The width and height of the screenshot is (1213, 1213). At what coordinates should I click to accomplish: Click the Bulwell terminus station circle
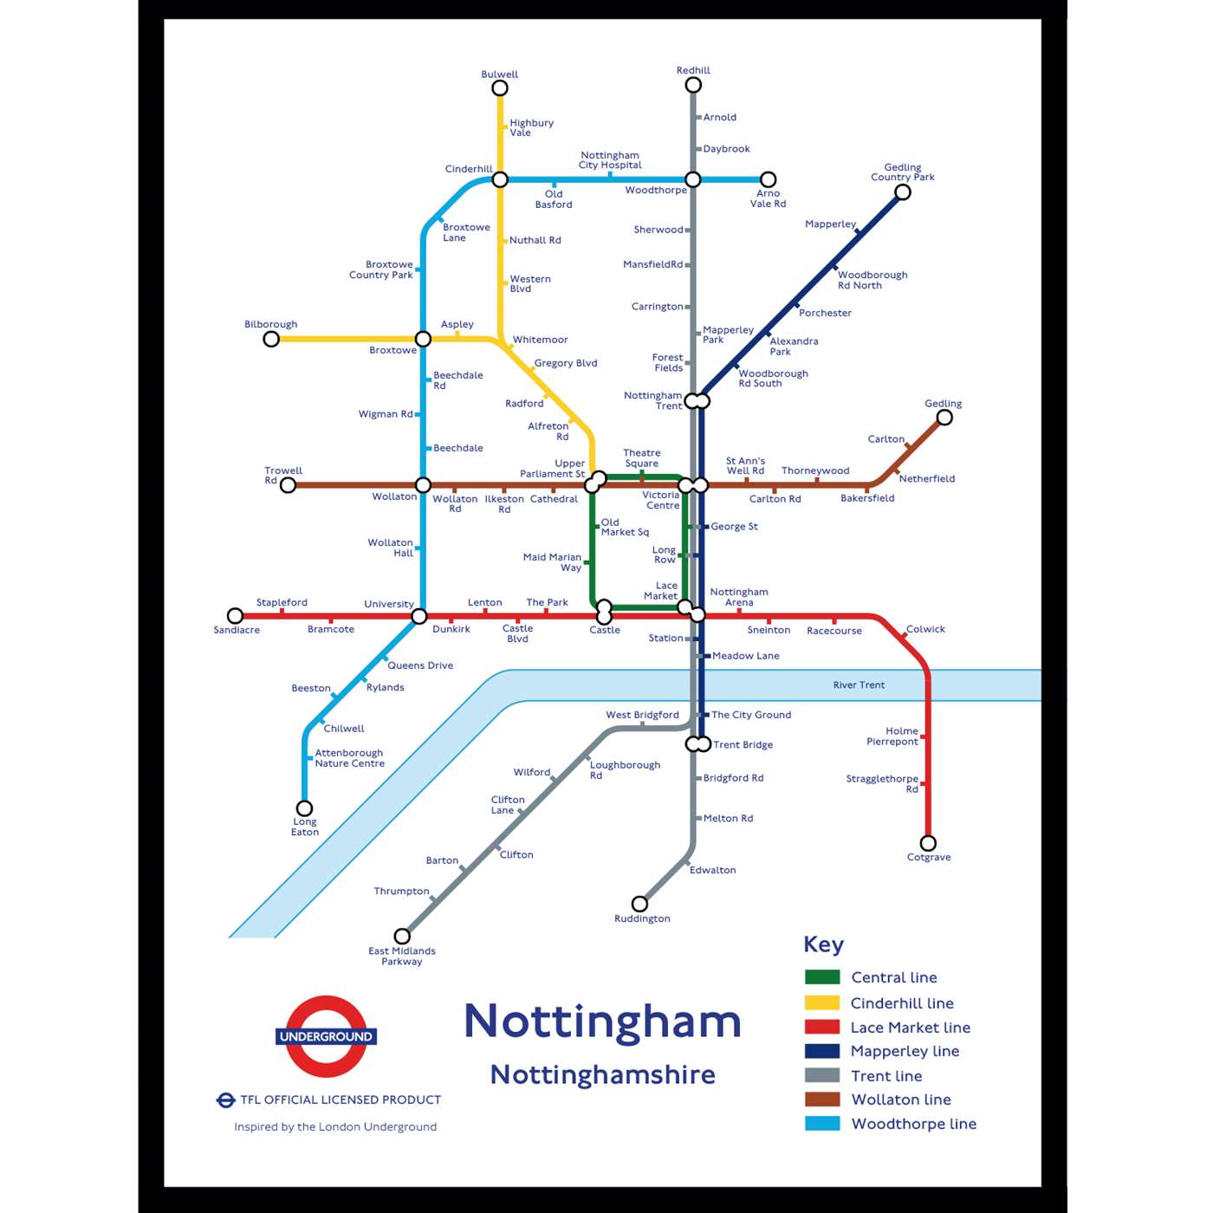tap(500, 88)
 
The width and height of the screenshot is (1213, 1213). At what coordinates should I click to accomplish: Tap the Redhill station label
tap(693, 70)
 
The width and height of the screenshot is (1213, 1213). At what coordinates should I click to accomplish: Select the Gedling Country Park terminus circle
tap(903, 192)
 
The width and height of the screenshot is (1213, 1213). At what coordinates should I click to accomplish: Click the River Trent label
tap(859, 684)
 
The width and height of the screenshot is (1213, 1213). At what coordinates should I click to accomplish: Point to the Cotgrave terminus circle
tap(928, 843)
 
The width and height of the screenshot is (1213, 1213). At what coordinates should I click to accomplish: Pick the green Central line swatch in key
tap(822, 977)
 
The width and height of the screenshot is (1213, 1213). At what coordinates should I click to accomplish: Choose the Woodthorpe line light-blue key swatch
tap(822, 1124)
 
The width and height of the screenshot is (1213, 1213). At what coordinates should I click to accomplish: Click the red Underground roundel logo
tap(326, 1036)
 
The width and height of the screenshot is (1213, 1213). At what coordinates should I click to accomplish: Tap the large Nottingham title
tap(603, 1021)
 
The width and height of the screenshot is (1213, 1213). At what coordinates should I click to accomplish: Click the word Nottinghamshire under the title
tap(603, 1074)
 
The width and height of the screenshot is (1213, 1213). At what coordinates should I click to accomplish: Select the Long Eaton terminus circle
tap(305, 808)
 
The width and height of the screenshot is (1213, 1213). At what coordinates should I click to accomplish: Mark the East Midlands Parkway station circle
tap(402, 936)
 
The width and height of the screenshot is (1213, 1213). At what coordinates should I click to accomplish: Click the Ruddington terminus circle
tap(639, 904)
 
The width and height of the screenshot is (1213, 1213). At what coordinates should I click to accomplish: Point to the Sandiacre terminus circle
tap(235, 616)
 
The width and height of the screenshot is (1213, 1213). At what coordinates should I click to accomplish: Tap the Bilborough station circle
tap(271, 339)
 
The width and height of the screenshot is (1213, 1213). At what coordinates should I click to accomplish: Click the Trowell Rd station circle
tap(289, 485)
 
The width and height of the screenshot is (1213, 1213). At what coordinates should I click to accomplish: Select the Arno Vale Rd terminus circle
tap(768, 179)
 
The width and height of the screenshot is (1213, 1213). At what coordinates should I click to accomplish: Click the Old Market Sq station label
tap(624, 527)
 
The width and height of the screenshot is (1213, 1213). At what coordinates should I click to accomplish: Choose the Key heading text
tap(823, 944)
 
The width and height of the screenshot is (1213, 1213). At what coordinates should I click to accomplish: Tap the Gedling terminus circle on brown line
tap(944, 418)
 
